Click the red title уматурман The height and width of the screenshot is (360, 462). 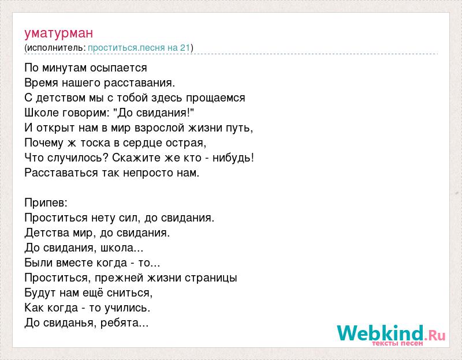coord(59,33)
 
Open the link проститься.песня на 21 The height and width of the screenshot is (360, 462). coord(139,48)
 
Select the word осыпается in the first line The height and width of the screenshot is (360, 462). coord(118,68)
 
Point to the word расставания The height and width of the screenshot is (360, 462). coord(139,83)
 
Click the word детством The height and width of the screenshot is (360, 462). coord(61,97)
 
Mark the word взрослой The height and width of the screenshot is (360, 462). coord(159,128)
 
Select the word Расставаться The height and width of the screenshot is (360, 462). coord(61,172)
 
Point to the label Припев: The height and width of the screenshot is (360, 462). coord(46,203)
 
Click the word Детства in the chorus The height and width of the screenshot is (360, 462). coord(47,232)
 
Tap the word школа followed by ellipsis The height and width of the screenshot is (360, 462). coord(122,248)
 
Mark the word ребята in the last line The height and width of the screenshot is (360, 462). coord(124,323)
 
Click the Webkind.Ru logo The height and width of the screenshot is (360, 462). coord(391,333)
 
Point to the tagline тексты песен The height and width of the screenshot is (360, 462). coord(397,343)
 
